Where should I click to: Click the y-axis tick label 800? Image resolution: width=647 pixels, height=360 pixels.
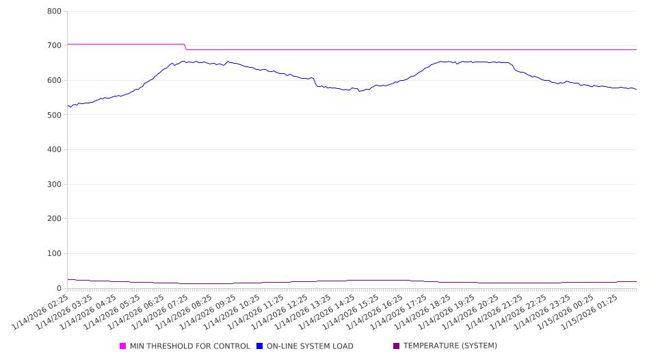55,11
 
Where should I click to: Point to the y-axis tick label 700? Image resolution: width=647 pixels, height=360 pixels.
55,46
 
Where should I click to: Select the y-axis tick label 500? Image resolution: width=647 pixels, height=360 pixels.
55,115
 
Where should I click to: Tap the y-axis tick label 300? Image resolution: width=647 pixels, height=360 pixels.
55,184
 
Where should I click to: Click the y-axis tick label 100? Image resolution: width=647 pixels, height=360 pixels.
55,254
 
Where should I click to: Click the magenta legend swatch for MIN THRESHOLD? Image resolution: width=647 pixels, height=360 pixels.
123,346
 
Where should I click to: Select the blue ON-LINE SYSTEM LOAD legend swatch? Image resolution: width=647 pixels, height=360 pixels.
260,346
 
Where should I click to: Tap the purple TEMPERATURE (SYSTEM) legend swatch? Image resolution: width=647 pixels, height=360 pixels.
396,346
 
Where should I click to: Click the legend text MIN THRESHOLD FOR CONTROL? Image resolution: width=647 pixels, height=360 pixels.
189,346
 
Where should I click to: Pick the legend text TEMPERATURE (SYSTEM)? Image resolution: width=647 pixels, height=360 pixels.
449,346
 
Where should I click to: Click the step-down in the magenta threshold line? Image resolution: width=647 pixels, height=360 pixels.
185,47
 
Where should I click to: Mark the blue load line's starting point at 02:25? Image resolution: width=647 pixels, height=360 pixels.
68,105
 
